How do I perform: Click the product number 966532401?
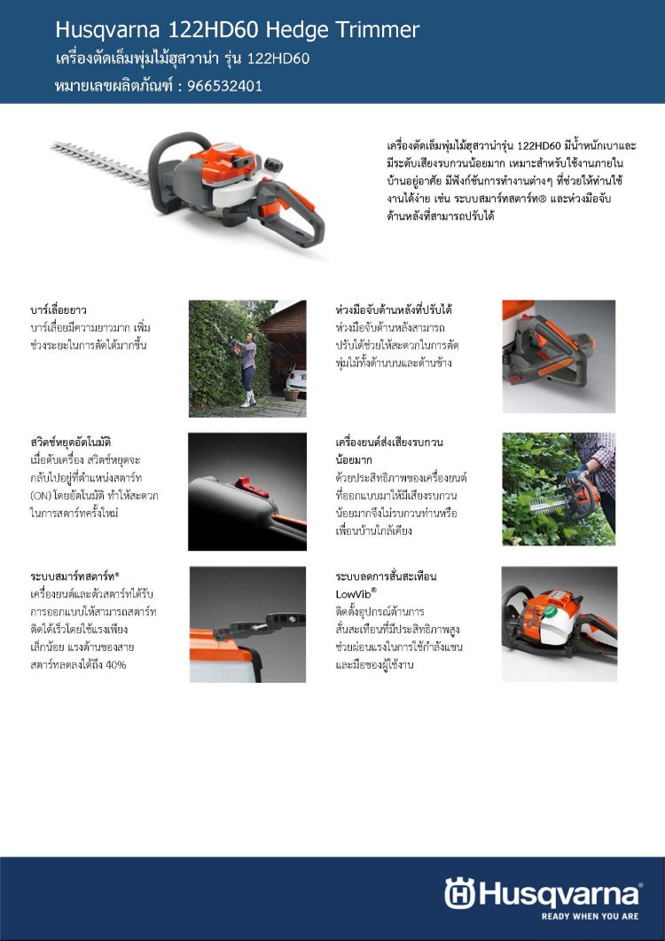(224, 86)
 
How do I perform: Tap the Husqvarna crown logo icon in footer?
(459, 894)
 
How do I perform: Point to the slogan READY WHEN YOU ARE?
(590, 916)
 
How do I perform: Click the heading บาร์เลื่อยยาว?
(59, 310)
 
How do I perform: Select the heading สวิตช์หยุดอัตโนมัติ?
(71, 443)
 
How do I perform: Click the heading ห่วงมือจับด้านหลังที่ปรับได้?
(394, 310)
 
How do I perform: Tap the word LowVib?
(354, 594)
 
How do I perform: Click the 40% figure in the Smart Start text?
(115, 665)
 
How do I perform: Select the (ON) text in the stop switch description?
(40, 496)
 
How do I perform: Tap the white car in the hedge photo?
(296, 380)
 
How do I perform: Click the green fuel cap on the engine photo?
(550, 612)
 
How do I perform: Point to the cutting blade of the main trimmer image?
(100, 162)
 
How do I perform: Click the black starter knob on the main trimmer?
(273, 164)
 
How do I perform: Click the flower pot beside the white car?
(291, 394)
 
